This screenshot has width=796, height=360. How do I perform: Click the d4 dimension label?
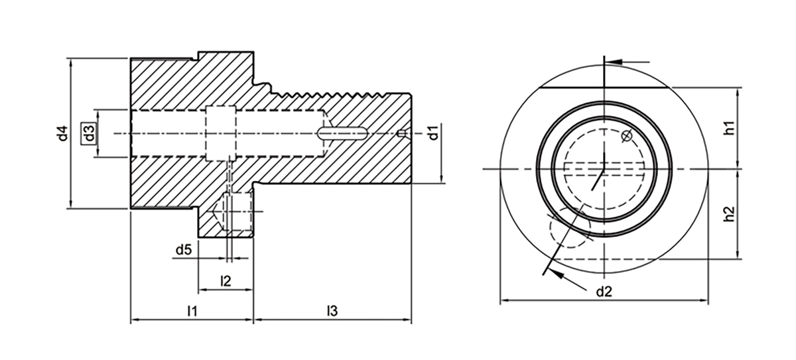tap(62, 133)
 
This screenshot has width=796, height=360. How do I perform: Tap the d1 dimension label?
tap(432, 133)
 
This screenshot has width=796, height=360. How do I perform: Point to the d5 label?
tap(184, 251)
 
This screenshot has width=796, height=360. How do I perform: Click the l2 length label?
tap(225, 281)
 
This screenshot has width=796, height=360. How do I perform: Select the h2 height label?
tap(728, 213)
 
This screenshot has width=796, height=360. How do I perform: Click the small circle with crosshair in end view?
tap(626, 137)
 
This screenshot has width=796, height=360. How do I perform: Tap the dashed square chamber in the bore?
tap(220, 133)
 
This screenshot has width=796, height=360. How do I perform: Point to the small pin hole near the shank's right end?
tap(401, 133)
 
